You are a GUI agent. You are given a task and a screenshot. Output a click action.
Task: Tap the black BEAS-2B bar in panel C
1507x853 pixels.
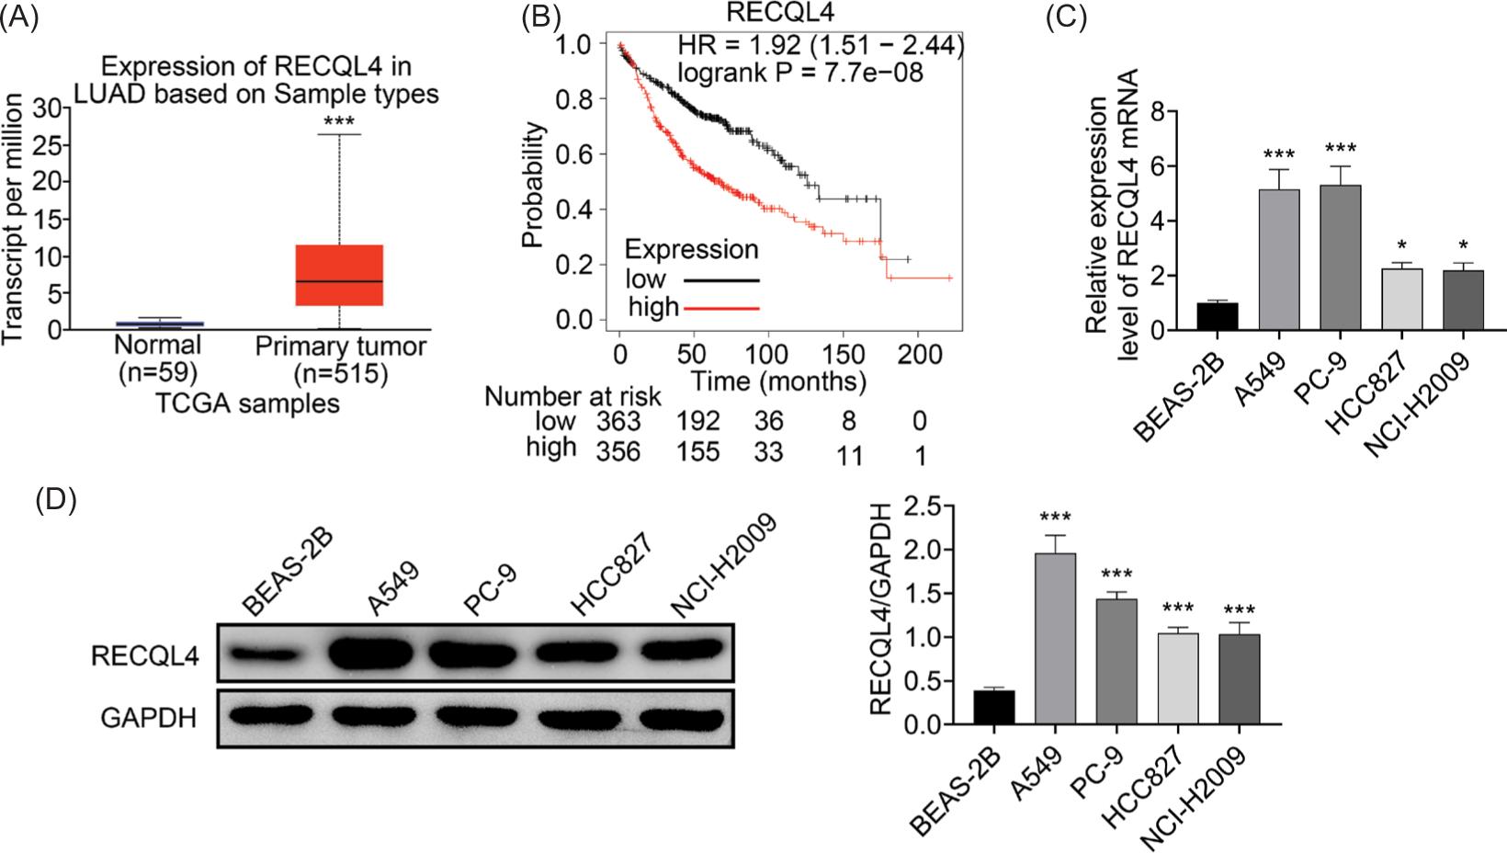[1217, 316]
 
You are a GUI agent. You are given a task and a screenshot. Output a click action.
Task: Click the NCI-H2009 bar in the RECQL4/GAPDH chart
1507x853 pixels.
[1240, 680]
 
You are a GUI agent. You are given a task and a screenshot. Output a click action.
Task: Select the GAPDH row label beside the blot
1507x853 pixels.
[149, 717]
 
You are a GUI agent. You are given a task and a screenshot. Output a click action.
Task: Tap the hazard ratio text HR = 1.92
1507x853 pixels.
[820, 44]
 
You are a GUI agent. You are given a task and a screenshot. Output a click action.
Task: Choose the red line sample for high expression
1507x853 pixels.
[721, 307]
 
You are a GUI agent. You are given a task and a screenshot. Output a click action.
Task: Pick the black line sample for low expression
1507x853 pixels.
[721, 279]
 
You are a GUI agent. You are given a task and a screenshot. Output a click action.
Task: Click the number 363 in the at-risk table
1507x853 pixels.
[617, 421]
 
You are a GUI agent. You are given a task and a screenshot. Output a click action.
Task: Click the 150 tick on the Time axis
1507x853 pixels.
[843, 354]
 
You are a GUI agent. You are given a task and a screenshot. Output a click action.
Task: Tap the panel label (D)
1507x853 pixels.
[56, 500]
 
